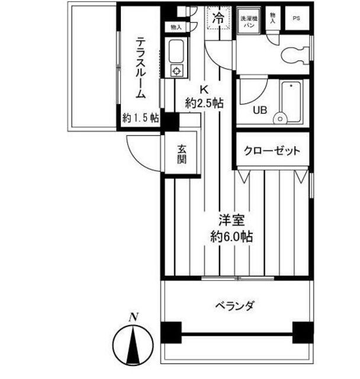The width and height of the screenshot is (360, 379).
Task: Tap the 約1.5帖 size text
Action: click(140, 117)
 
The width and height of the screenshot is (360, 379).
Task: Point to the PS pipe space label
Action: click(296, 18)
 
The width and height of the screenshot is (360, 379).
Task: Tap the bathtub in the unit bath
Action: click(291, 101)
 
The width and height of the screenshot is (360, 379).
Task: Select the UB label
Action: click(259, 110)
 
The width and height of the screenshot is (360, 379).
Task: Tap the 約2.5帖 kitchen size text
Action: click(204, 103)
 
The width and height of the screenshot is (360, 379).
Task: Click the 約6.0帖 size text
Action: click(232, 236)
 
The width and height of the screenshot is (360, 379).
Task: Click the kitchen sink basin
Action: click(176, 51)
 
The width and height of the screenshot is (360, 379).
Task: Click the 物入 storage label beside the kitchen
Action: click(176, 27)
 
